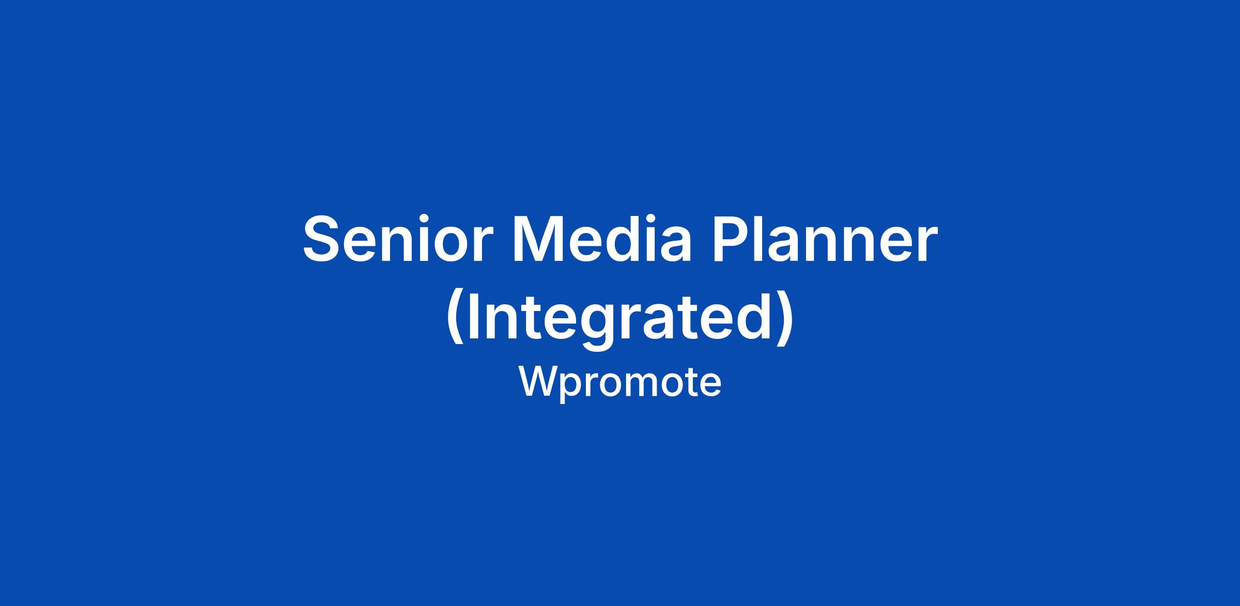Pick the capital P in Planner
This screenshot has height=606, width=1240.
pyautogui.click(x=733, y=239)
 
